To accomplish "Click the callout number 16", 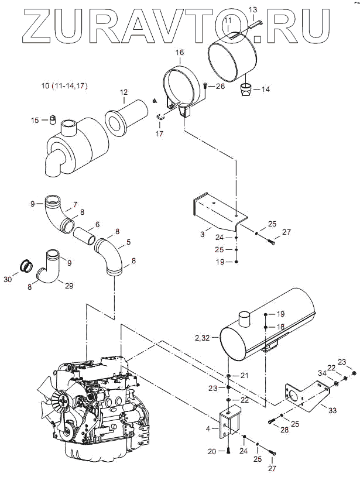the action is tap(180, 52).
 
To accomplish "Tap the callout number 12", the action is tap(124, 92).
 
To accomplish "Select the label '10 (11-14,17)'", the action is tap(64, 86).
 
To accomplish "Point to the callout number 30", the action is tap(8, 279).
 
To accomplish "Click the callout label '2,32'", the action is tap(203, 338).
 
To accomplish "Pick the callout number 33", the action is tap(332, 410).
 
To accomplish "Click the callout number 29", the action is tap(69, 286).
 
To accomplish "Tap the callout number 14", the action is tap(265, 89).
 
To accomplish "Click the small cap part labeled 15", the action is tap(53, 119).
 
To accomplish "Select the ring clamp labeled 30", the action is tap(26, 266).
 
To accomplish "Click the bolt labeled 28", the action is tap(272, 421).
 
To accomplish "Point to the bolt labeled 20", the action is tap(228, 451).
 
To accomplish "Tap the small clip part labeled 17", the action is tap(160, 116).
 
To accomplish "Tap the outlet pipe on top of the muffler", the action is tap(244, 318).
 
